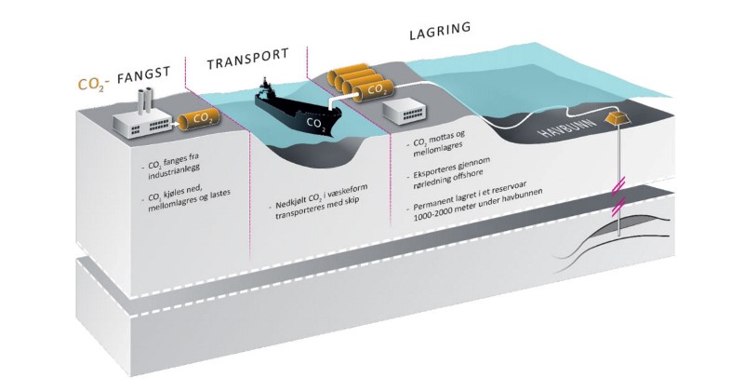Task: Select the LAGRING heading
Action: [x=439, y=31]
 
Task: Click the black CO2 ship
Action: [x=299, y=111]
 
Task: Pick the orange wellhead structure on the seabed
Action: [x=617, y=120]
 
